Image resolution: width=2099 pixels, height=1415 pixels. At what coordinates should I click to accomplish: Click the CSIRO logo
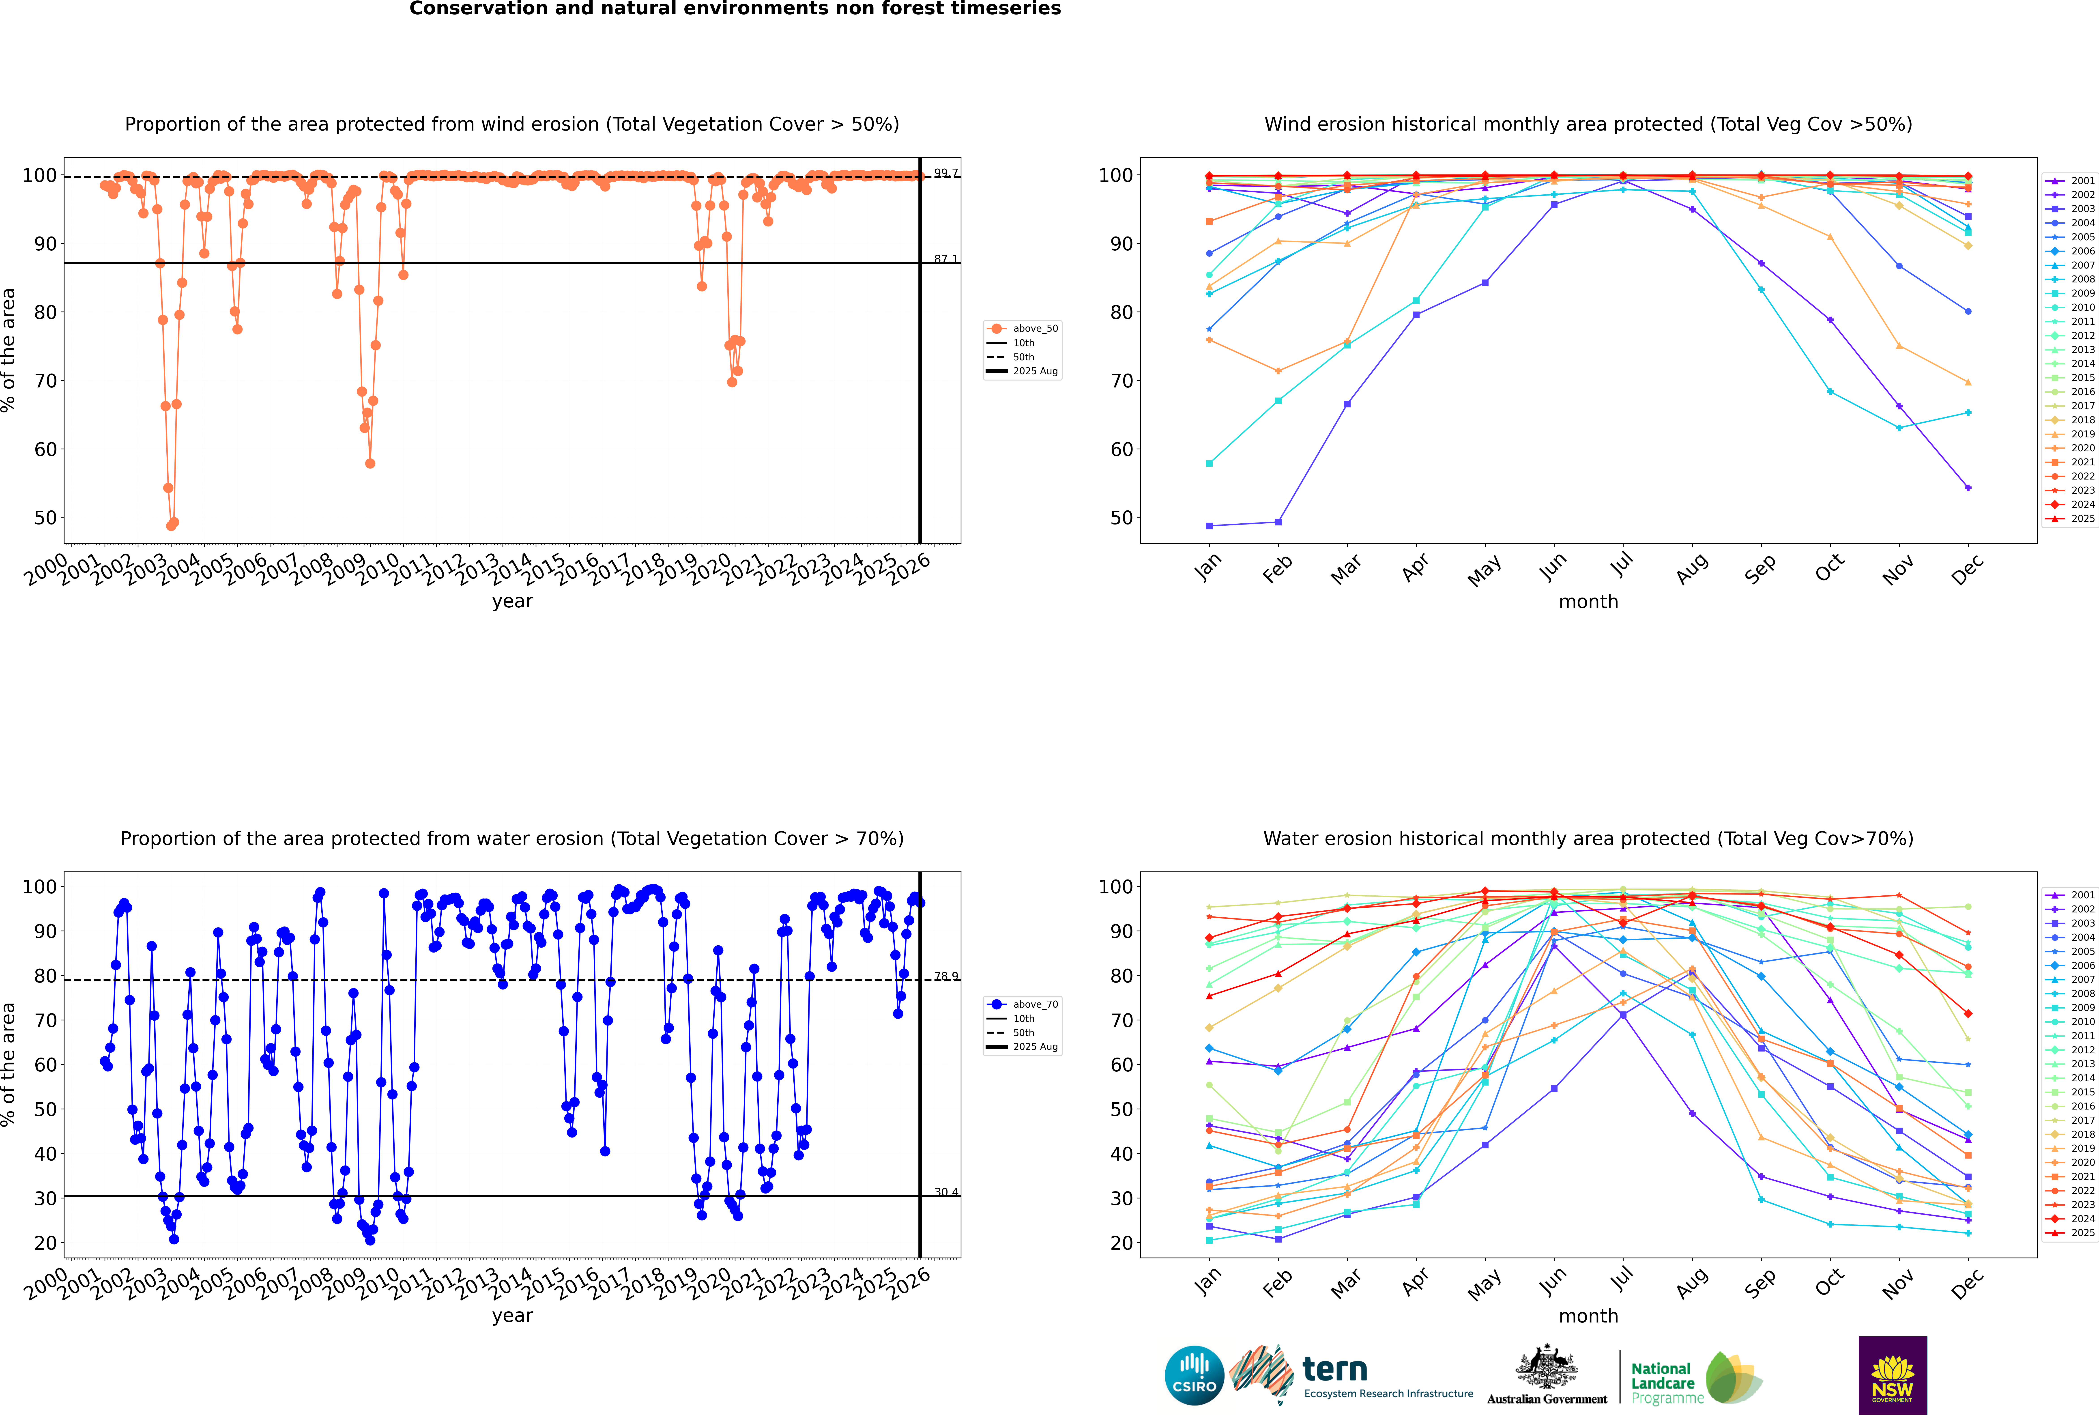click(1194, 1375)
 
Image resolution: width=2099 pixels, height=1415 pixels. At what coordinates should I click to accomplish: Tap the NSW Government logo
click(1892, 1375)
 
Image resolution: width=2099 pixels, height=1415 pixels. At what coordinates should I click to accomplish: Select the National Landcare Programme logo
click(1695, 1379)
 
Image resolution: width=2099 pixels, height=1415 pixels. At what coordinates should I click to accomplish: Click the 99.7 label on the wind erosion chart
click(946, 173)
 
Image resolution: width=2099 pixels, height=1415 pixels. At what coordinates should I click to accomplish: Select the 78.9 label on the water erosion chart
click(946, 976)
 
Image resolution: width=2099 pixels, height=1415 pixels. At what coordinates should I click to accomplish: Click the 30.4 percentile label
click(946, 1192)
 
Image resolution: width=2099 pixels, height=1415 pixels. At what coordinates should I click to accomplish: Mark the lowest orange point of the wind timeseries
click(171, 525)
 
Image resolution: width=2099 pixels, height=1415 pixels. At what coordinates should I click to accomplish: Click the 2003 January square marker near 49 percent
click(1209, 525)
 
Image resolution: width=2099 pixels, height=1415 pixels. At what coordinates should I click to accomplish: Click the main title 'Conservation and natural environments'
click(735, 9)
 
